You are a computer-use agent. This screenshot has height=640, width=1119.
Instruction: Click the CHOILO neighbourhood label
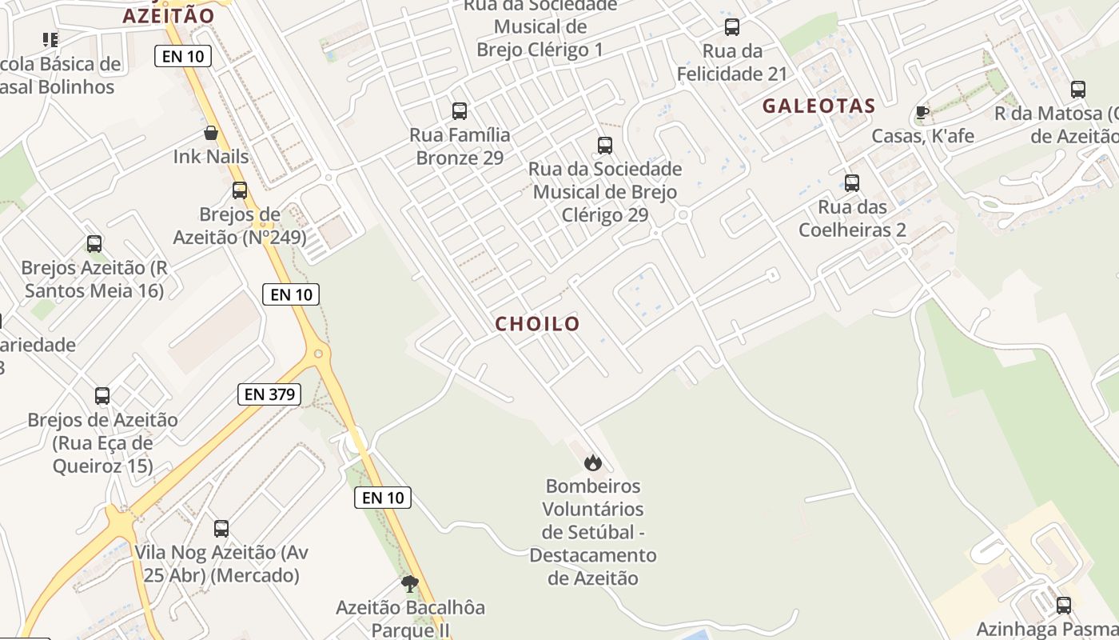point(537,324)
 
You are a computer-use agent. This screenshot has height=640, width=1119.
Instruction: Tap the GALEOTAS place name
point(818,106)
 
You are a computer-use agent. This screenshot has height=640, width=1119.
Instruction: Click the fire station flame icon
point(592,462)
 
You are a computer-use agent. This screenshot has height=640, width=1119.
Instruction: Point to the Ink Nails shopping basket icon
point(211,133)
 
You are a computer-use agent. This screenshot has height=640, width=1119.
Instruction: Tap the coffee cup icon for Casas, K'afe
point(922,113)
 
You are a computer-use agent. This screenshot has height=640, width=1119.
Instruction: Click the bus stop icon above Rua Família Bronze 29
point(460,110)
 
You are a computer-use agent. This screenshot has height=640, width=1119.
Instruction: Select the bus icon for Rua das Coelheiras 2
point(852,183)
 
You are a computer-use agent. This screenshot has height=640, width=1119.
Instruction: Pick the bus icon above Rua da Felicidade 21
point(731,27)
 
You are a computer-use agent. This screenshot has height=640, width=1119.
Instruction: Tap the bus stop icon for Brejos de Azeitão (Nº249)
point(240,190)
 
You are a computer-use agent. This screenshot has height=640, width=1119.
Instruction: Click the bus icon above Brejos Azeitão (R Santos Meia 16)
point(94,243)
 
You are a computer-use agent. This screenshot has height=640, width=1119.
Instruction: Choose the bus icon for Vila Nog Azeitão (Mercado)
point(221,528)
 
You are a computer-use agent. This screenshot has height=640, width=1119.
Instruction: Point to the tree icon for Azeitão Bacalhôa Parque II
point(410,583)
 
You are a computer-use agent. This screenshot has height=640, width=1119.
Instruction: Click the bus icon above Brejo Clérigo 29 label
point(605,145)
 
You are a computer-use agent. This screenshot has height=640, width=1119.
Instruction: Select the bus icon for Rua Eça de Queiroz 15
point(102,395)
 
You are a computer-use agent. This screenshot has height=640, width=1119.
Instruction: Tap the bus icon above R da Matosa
point(1078,89)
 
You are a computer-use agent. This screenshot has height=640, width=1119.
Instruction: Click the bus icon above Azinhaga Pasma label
point(1063,605)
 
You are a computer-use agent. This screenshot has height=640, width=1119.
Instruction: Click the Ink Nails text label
point(211,156)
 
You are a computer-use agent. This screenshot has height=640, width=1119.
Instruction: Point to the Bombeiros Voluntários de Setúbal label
point(592,531)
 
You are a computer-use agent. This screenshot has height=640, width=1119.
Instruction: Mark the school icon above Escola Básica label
point(50,39)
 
